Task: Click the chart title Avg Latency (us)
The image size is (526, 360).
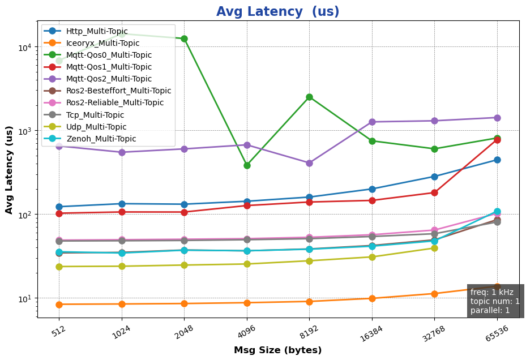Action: click(x=277, y=12)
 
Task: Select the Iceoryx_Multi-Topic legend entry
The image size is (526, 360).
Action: click(x=102, y=43)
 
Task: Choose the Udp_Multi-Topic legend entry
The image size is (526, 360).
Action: click(x=96, y=127)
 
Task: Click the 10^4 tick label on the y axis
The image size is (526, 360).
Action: click(x=29, y=47)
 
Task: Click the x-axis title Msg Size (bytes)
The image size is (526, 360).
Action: click(x=277, y=350)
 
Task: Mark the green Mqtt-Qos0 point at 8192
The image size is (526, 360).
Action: click(x=309, y=97)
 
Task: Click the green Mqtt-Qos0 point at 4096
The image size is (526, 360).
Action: click(x=247, y=165)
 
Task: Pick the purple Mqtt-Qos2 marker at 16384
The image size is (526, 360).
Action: click(x=372, y=122)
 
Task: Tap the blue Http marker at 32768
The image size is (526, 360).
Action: click(x=434, y=177)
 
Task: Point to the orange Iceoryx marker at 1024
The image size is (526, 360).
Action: click(x=122, y=304)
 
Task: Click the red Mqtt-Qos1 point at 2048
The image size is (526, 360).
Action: click(x=184, y=212)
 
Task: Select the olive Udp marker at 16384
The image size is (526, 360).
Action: click(x=372, y=257)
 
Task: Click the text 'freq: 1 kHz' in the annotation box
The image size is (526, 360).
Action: click(x=491, y=292)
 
